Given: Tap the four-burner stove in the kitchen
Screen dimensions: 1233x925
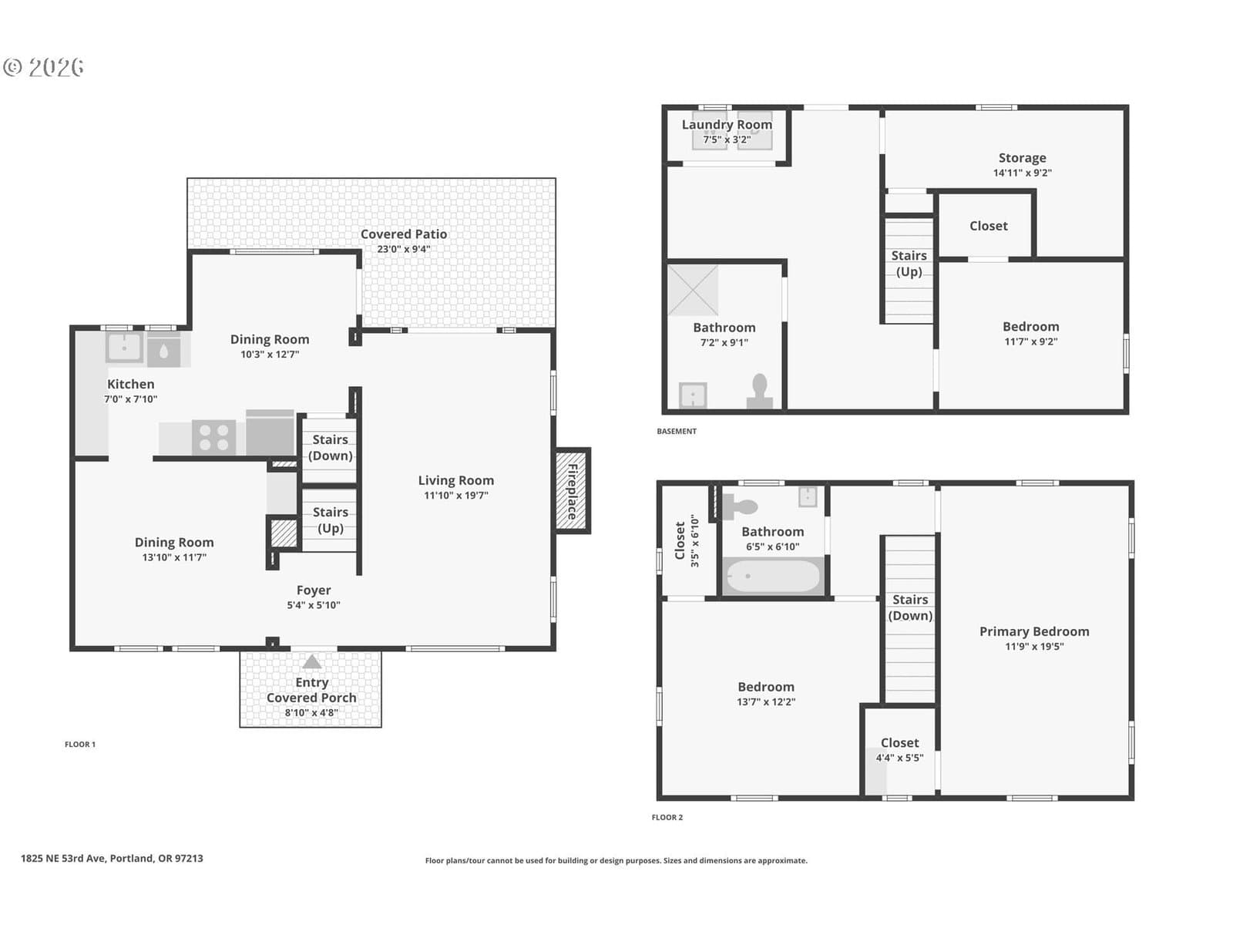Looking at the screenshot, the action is coord(214,438).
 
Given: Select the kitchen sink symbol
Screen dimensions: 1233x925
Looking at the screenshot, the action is coord(124,348).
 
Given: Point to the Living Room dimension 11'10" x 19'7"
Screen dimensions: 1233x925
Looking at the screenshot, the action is coord(455,496).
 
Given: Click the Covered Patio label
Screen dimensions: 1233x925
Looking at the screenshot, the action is coord(403,234).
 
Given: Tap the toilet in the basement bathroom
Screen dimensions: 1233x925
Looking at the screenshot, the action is coord(760,392).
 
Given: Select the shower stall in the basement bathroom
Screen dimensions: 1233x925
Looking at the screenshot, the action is coord(693,290).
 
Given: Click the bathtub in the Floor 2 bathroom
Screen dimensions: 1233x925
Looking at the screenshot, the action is coord(773,577).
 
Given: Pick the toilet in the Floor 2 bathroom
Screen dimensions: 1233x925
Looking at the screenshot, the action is coord(741,507).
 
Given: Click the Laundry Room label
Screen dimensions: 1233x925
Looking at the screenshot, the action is coord(727,125).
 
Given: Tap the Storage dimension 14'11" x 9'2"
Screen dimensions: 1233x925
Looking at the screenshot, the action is coord(1023,173).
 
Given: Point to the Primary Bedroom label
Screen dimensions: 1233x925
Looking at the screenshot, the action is coord(1034,631).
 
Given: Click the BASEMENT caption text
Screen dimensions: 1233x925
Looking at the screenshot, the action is coord(677,432).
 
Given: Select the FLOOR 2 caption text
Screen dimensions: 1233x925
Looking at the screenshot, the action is coord(667,817).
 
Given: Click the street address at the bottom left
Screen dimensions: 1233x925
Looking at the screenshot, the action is coord(112,858).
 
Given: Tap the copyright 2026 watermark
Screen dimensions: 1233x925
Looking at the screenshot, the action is coord(43,67).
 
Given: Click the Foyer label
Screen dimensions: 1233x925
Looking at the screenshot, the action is coord(314,590).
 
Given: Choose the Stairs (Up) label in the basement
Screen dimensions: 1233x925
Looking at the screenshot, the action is coord(909,264).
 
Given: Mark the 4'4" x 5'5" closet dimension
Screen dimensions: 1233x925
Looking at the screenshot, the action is coord(899,758).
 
